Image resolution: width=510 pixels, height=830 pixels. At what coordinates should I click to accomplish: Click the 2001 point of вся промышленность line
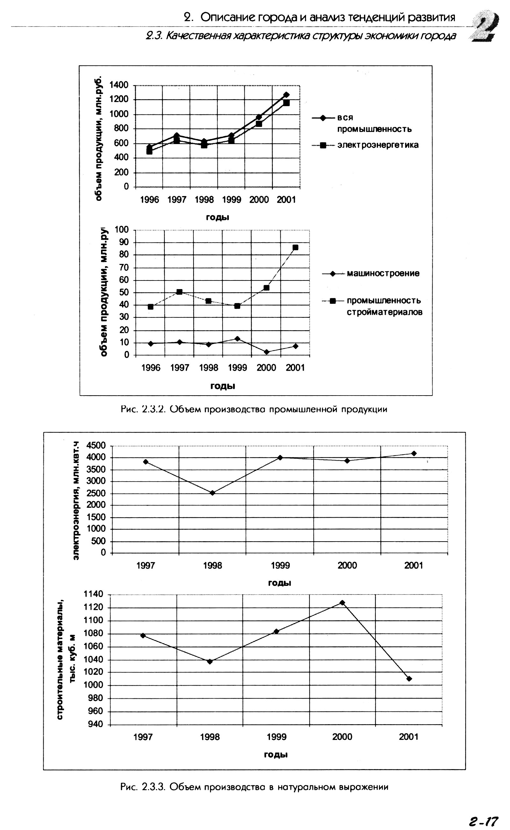[286, 95]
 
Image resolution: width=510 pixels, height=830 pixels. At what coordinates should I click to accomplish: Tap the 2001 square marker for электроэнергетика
[286, 103]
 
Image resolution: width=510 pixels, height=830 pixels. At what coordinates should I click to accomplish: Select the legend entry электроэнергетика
[378, 145]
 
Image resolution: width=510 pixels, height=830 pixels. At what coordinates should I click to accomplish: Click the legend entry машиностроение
[383, 273]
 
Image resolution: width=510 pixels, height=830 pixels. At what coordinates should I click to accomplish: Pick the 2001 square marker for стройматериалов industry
[295, 248]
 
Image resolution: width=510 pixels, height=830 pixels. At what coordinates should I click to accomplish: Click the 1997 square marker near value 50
[179, 292]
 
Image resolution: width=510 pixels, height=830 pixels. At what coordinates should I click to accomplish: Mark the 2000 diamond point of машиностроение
[266, 352]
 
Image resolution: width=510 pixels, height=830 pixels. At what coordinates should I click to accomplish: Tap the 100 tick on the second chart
[121, 230]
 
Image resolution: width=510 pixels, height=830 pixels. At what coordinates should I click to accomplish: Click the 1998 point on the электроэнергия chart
[213, 493]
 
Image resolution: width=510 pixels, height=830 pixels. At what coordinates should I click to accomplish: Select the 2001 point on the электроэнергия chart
[414, 454]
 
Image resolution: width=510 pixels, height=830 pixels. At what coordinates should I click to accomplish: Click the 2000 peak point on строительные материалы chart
[342, 603]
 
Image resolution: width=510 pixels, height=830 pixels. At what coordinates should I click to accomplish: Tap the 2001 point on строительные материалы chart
[409, 679]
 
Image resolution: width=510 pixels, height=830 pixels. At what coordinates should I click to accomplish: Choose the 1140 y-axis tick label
[93, 594]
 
